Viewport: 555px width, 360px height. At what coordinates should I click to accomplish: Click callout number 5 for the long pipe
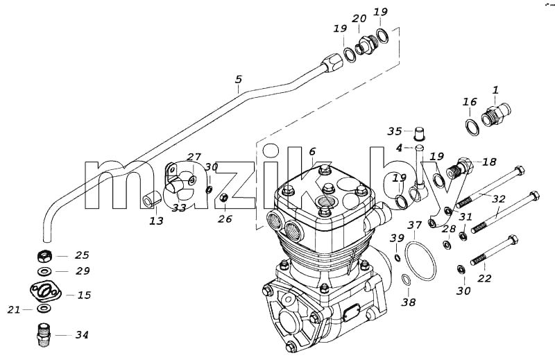[x=239, y=79]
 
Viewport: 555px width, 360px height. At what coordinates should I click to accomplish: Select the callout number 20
[x=359, y=19]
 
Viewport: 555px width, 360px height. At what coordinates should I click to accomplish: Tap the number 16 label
[x=470, y=102]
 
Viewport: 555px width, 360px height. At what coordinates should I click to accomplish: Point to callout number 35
[x=395, y=131]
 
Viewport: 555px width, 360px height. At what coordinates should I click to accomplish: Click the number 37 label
[x=414, y=225]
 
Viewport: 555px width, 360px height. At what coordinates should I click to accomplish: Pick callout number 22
[x=484, y=279]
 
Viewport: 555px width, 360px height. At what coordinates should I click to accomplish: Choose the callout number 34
[x=82, y=334]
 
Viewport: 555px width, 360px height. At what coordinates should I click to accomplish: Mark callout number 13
[x=156, y=221]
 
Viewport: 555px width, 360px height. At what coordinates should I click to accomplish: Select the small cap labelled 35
[x=419, y=133]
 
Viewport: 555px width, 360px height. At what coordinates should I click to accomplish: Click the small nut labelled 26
[x=223, y=198]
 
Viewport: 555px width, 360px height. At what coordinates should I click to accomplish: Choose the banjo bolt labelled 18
[x=459, y=167]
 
